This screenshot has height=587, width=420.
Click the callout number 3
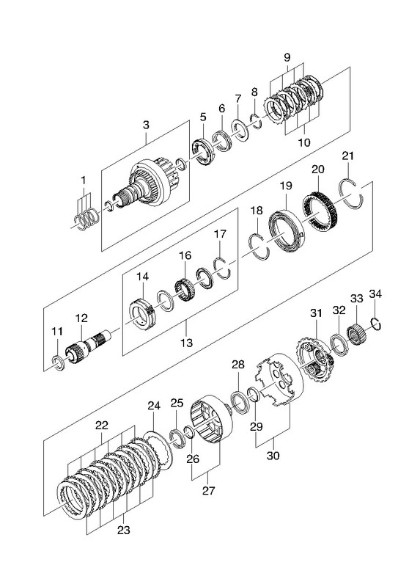(146, 125)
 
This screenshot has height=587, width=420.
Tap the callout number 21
(348, 156)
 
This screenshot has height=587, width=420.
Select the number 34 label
(375, 294)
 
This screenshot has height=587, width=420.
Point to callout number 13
(186, 342)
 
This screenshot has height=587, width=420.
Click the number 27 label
(209, 490)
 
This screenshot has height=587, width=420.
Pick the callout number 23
(123, 530)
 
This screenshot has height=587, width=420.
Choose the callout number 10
(304, 142)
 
